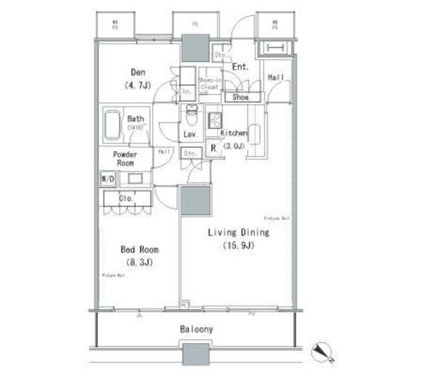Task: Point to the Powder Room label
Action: [125, 159]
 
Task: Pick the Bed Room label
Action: [140, 250]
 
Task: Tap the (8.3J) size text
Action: [140, 263]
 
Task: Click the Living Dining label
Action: [238, 232]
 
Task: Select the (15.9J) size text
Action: [238, 246]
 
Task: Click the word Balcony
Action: [197, 329]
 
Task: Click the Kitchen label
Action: [234, 133]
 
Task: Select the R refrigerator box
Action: [213, 148]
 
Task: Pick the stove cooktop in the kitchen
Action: [215, 120]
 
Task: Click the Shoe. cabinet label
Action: [241, 98]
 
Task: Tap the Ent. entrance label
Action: [240, 67]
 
